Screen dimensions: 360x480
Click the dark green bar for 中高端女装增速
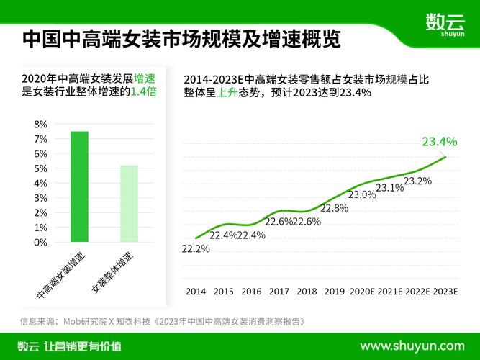coord(79,186)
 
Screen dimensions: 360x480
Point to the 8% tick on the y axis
coord(41,124)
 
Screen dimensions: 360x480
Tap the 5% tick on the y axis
coord(41,168)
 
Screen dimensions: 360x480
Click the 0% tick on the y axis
coord(41,243)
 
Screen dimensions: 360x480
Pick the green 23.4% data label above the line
coord(440,141)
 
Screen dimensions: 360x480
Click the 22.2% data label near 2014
coord(196,249)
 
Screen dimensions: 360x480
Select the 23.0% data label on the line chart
coord(362,194)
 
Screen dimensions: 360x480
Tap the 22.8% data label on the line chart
coord(334,208)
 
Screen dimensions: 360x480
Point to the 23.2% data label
coord(417,181)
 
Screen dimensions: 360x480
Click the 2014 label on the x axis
coord(196,292)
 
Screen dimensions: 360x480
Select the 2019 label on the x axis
coord(335,292)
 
